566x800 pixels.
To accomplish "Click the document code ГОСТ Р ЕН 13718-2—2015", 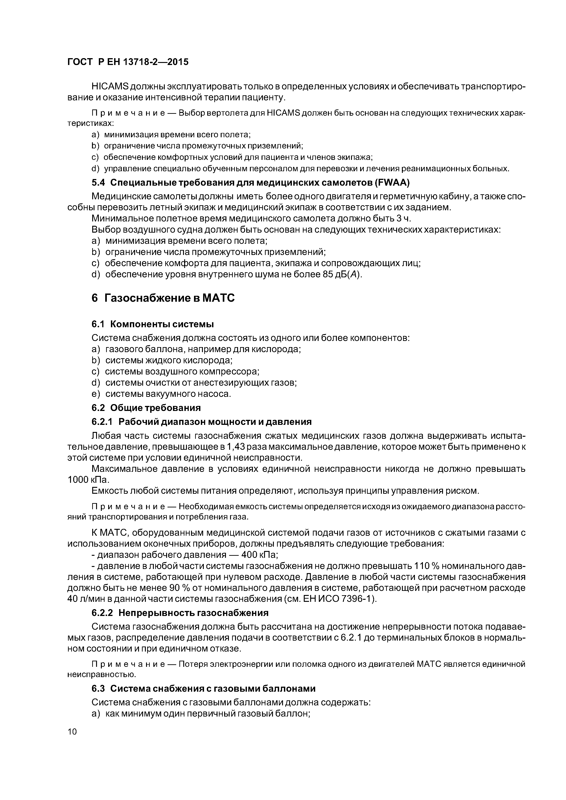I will point(128,62).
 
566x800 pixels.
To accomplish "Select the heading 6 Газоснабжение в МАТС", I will point(163,299).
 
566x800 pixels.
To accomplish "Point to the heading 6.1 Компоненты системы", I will point(152,324).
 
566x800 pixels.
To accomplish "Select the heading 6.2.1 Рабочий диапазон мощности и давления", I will point(201,422).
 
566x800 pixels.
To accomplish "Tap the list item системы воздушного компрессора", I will point(182,371).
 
